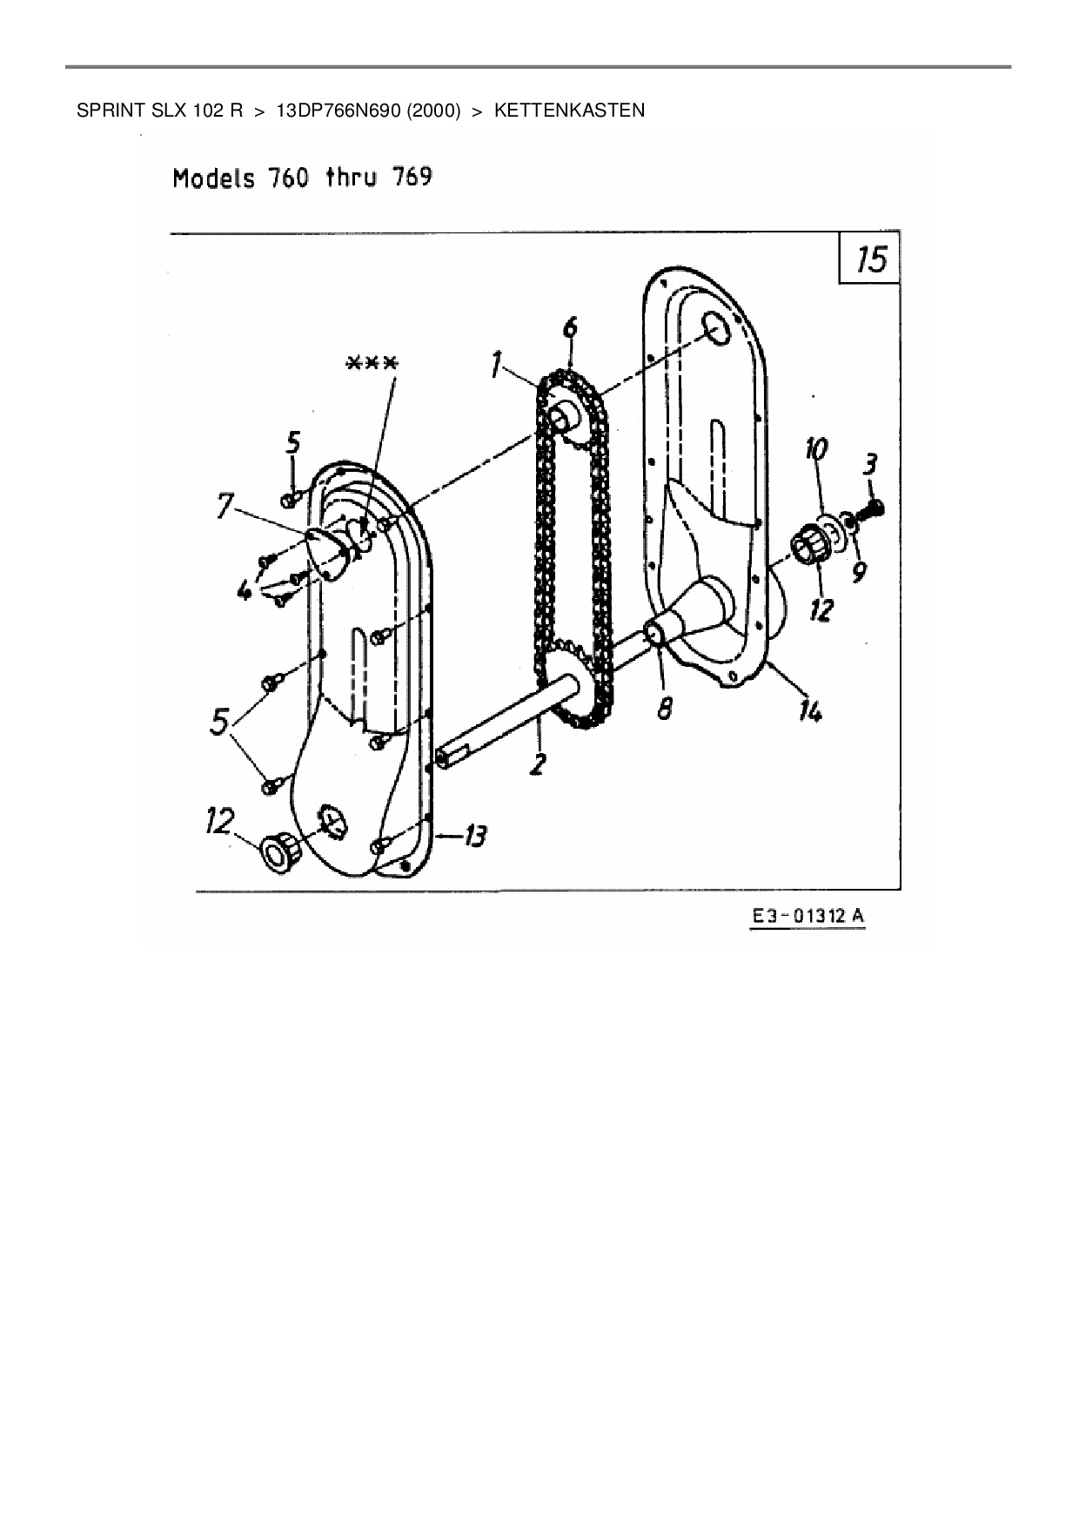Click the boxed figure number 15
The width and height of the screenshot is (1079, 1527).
tap(870, 259)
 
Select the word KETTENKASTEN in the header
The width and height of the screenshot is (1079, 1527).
tap(569, 111)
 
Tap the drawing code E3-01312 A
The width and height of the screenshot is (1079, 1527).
tap(808, 917)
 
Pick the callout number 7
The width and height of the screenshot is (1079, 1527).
tap(225, 505)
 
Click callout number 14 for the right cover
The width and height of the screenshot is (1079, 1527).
tap(810, 711)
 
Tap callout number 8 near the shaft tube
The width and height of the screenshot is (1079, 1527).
tap(665, 709)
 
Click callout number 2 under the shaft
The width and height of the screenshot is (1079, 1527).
tap(539, 764)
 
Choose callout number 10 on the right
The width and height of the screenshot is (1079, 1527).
tap(816, 450)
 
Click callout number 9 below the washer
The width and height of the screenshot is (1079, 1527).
tap(860, 572)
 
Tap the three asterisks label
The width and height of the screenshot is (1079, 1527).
tap(372, 363)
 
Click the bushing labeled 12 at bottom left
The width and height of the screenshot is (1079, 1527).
tap(281, 851)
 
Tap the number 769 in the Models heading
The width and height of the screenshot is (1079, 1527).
tap(412, 178)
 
